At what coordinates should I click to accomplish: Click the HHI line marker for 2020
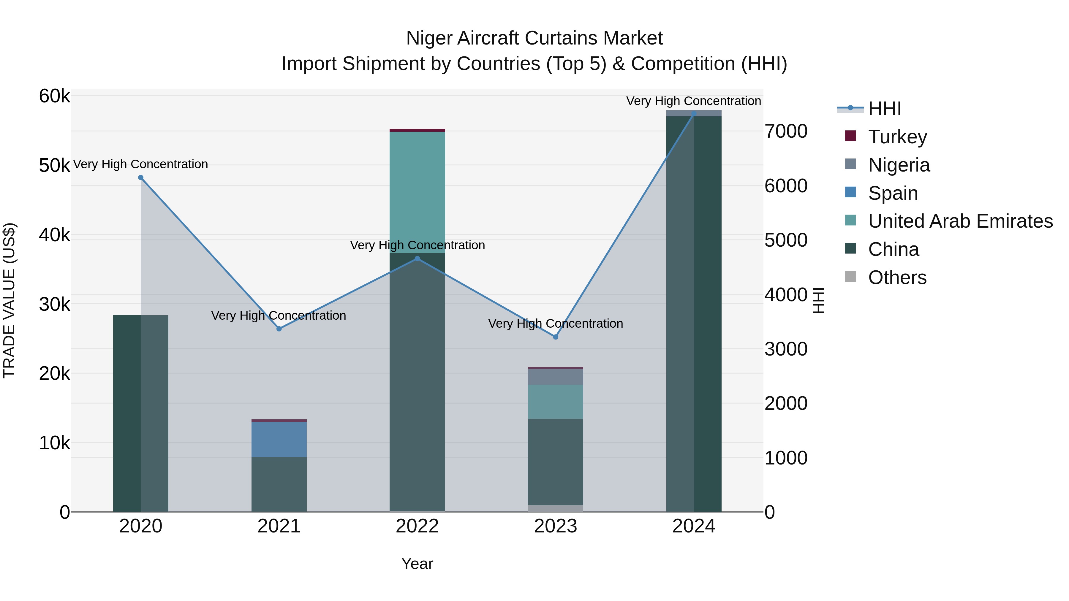click(x=141, y=177)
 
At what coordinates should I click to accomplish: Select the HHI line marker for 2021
click(x=279, y=329)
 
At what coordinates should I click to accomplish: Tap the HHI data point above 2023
click(x=556, y=337)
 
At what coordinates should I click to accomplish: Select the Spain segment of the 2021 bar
click(x=279, y=439)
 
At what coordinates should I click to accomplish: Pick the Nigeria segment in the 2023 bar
click(x=555, y=377)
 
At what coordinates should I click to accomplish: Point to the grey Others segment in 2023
click(x=555, y=508)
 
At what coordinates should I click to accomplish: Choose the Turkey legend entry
click(x=897, y=137)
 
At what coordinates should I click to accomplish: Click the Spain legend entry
click(x=893, y=193)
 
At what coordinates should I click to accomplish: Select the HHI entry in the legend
click(x=884, y=109)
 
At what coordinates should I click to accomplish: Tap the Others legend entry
click(x=897, y=277)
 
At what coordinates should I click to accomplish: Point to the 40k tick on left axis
click(x=54, y=235)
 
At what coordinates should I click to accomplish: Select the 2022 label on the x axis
click(x=417, y=526)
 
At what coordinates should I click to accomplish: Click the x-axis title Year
click(x=417, y=564)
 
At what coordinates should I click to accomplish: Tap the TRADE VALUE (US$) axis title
click(x=9, y=300)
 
